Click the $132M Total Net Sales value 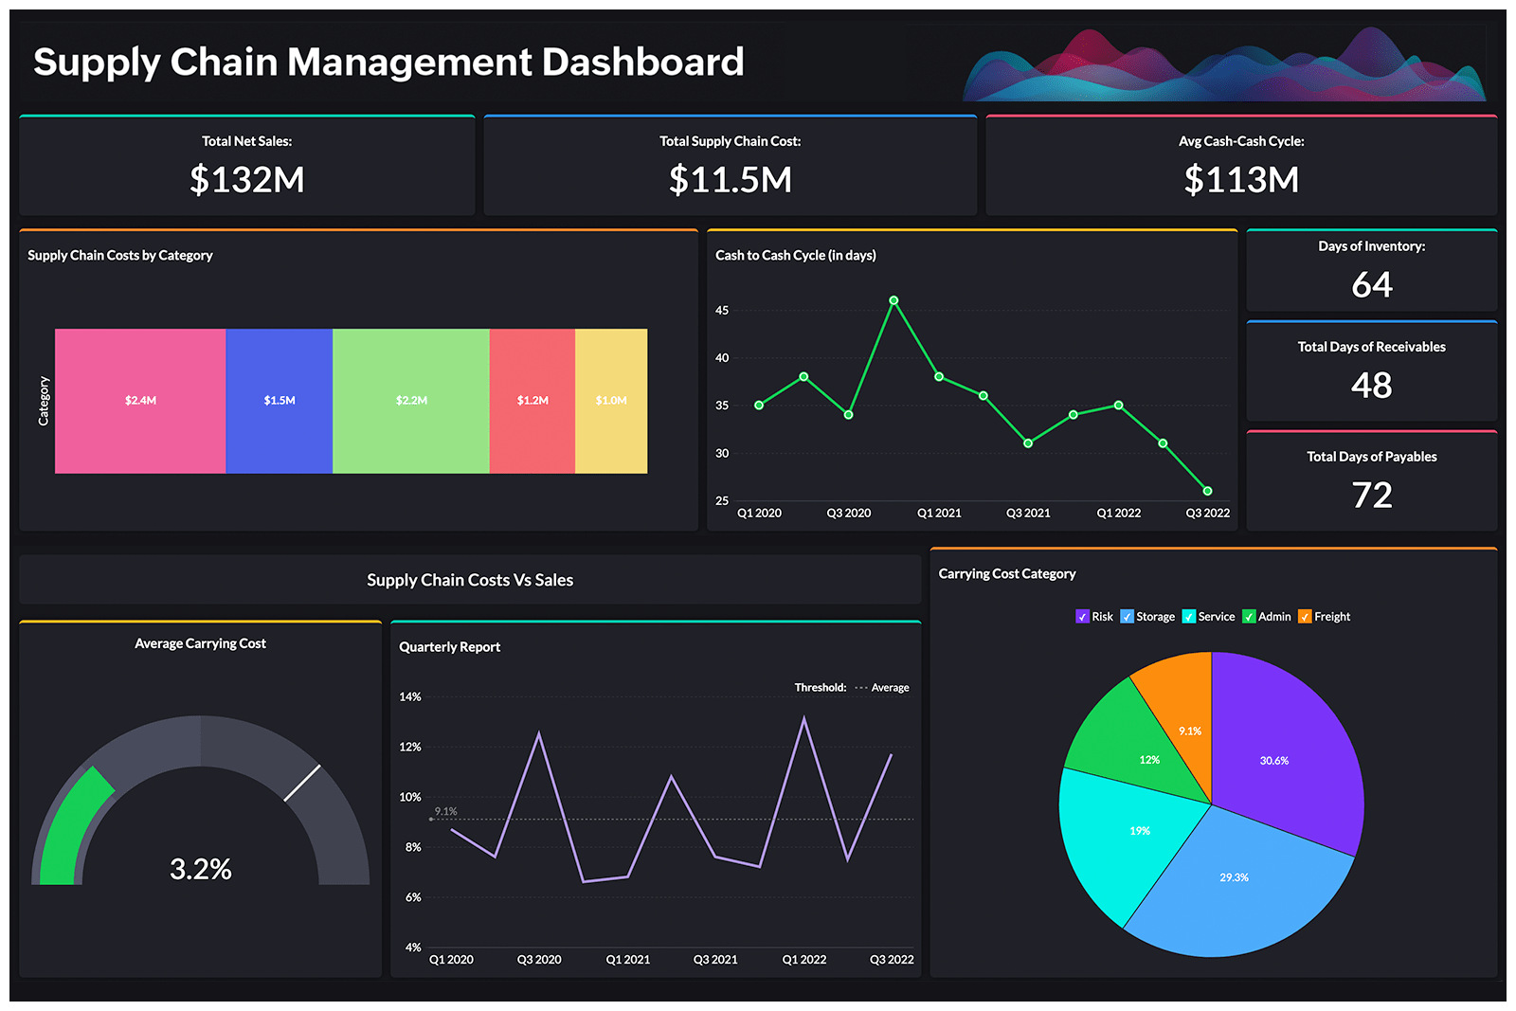[x=246, y=180]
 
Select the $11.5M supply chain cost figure [x=730, y=180]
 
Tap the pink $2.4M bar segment [x=140, y=401]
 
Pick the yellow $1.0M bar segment [x=611, y=401]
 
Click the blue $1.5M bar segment [x=280, y=401]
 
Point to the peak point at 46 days [x=893, y=300]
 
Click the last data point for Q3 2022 [x=1207, y=491]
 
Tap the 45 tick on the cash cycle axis [x=722, y=311]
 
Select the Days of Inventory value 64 [x=1371, y=285]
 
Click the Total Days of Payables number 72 [x=1371, y=496]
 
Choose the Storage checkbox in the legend [x=1127, y=617]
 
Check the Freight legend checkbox [x=1305, y=617]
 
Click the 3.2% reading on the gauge [x=200, y=869]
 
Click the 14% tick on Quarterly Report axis [x=410, y=697]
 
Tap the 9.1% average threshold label [x=445, y=811]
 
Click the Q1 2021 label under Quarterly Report [x=627, y=960]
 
